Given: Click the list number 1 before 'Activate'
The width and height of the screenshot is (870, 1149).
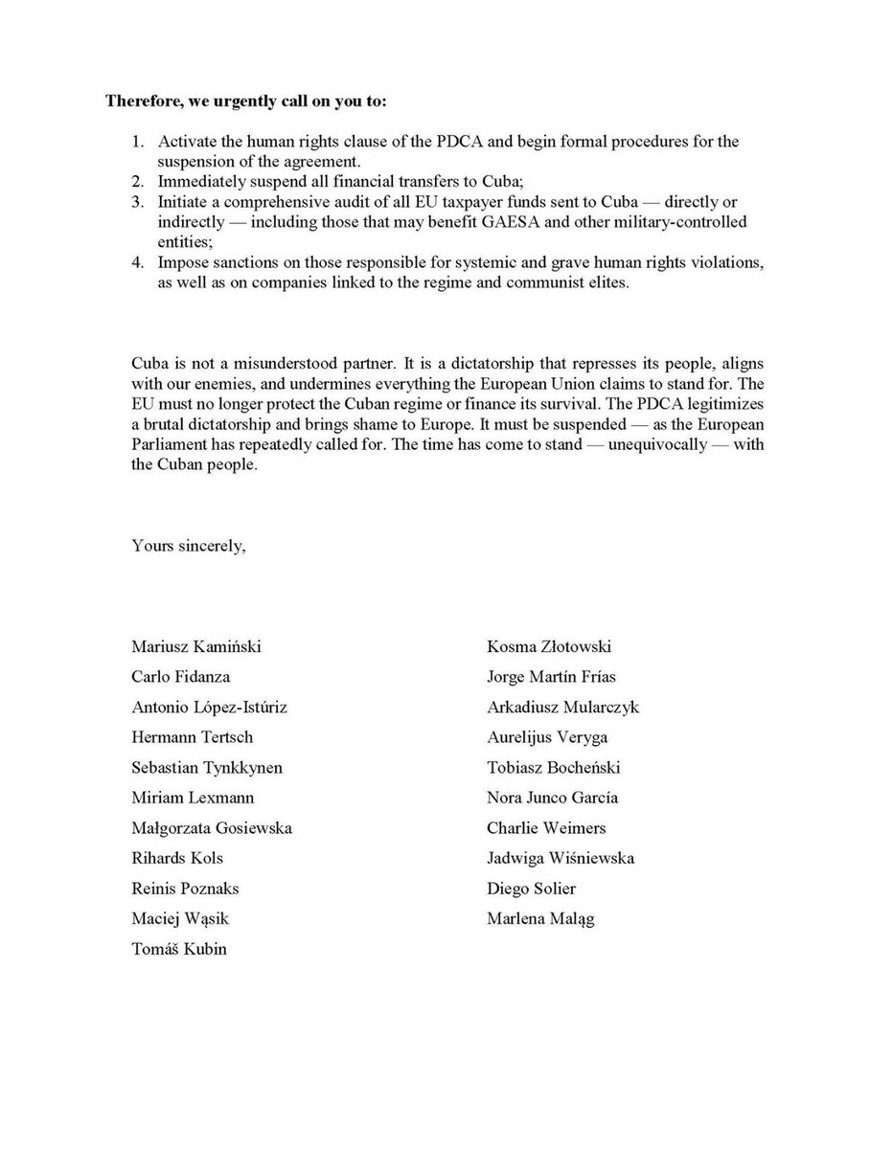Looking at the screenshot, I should point(138,141).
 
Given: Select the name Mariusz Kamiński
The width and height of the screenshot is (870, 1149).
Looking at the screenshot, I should point(196,646).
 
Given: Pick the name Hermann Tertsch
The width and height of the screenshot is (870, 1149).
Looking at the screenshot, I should point(193,737).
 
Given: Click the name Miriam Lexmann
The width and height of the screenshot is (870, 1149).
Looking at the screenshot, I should point(193,798).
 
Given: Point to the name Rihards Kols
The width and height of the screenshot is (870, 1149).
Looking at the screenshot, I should point(177,858).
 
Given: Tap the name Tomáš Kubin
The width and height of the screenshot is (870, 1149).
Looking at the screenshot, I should point(179,949).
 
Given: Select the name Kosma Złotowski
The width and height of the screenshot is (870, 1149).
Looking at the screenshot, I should point(549,646).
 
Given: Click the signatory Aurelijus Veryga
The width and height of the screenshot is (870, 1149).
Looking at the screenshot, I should point(547,737).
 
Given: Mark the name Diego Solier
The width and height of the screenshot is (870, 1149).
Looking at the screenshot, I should point(532,889).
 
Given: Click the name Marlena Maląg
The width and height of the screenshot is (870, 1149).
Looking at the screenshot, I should point(540,919).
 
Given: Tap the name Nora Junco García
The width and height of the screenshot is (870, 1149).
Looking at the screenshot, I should point(553,798).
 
